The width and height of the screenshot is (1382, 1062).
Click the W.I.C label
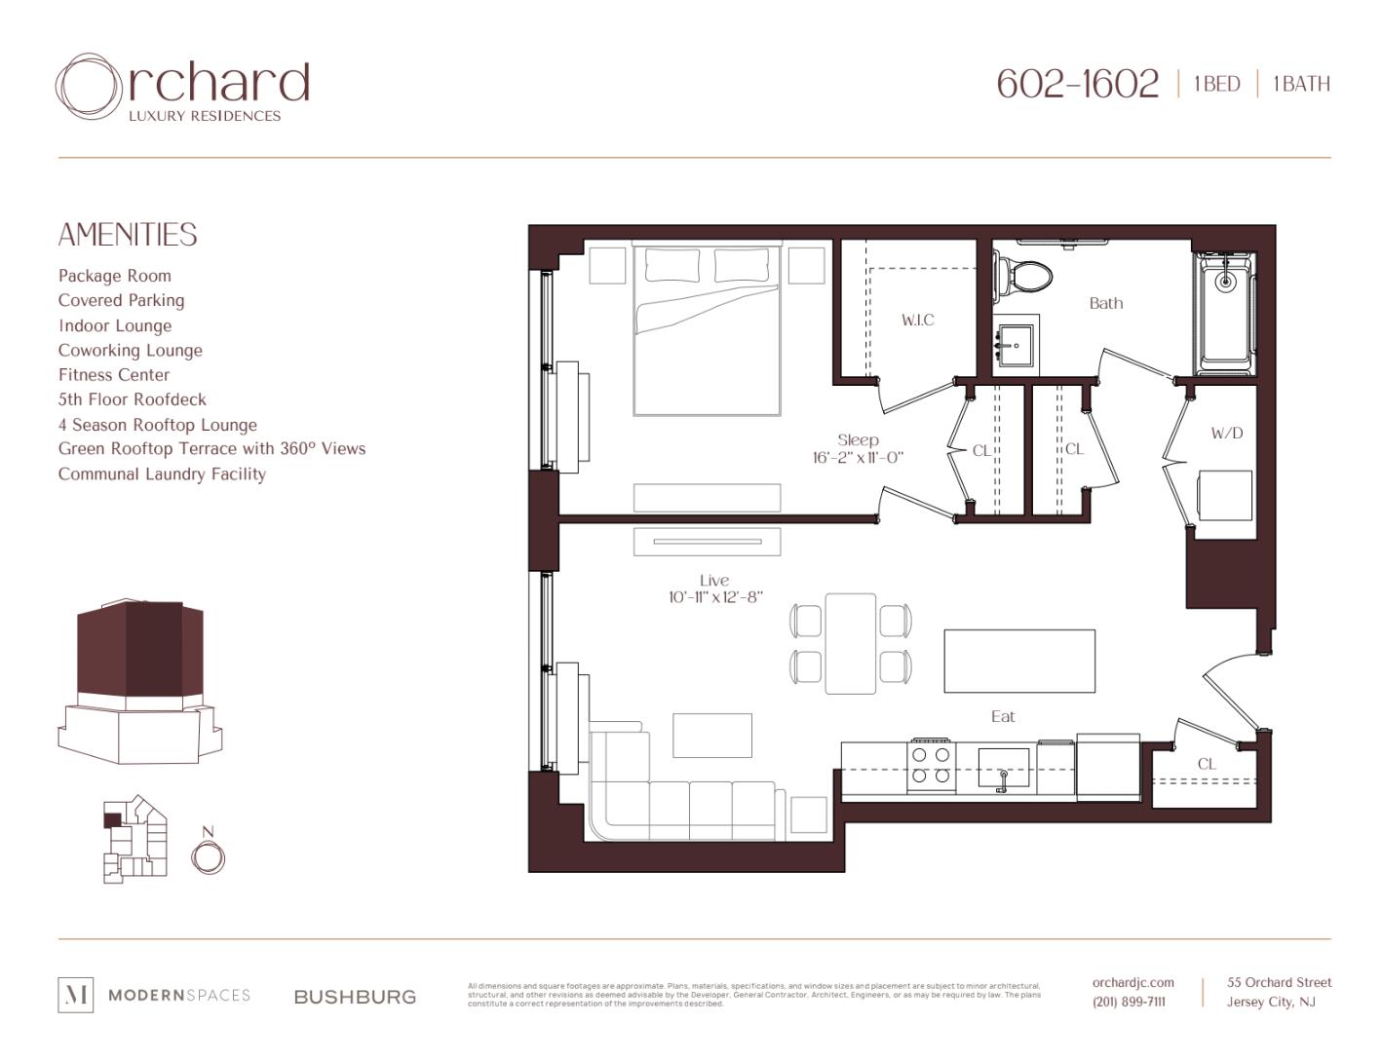(917, 320)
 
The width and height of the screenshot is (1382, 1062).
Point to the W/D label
(1226, 433)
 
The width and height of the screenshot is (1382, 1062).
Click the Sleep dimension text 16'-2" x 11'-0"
(858, 457)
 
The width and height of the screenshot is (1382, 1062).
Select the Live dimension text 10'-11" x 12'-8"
(714, 597)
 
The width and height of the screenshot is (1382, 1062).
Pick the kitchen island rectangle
(1018, 662)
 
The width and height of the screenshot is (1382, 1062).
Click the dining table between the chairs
(850, 643)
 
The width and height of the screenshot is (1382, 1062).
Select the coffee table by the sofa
(711, 735)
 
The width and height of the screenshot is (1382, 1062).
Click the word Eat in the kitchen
(1002, 716)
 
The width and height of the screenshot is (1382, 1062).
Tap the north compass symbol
(208, 856)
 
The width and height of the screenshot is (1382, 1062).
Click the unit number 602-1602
(1077, 84)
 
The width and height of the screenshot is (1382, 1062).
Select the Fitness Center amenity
(114, 375)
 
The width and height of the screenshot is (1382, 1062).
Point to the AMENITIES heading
(128, 235)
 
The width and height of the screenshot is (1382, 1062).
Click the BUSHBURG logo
(355, 997)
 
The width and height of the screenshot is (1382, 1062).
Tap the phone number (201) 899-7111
(1129, 1002)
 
